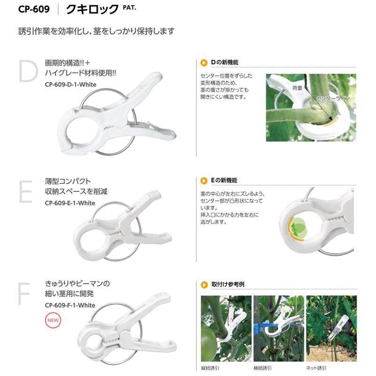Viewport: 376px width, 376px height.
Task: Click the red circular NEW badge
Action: (52, 322)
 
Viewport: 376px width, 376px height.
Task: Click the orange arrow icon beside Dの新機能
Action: (204, 63)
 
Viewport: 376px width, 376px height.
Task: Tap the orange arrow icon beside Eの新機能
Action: (204, 180)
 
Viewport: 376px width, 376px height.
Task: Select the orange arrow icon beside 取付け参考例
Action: (204, 284)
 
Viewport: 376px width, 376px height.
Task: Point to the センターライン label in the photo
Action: (332, 100)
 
